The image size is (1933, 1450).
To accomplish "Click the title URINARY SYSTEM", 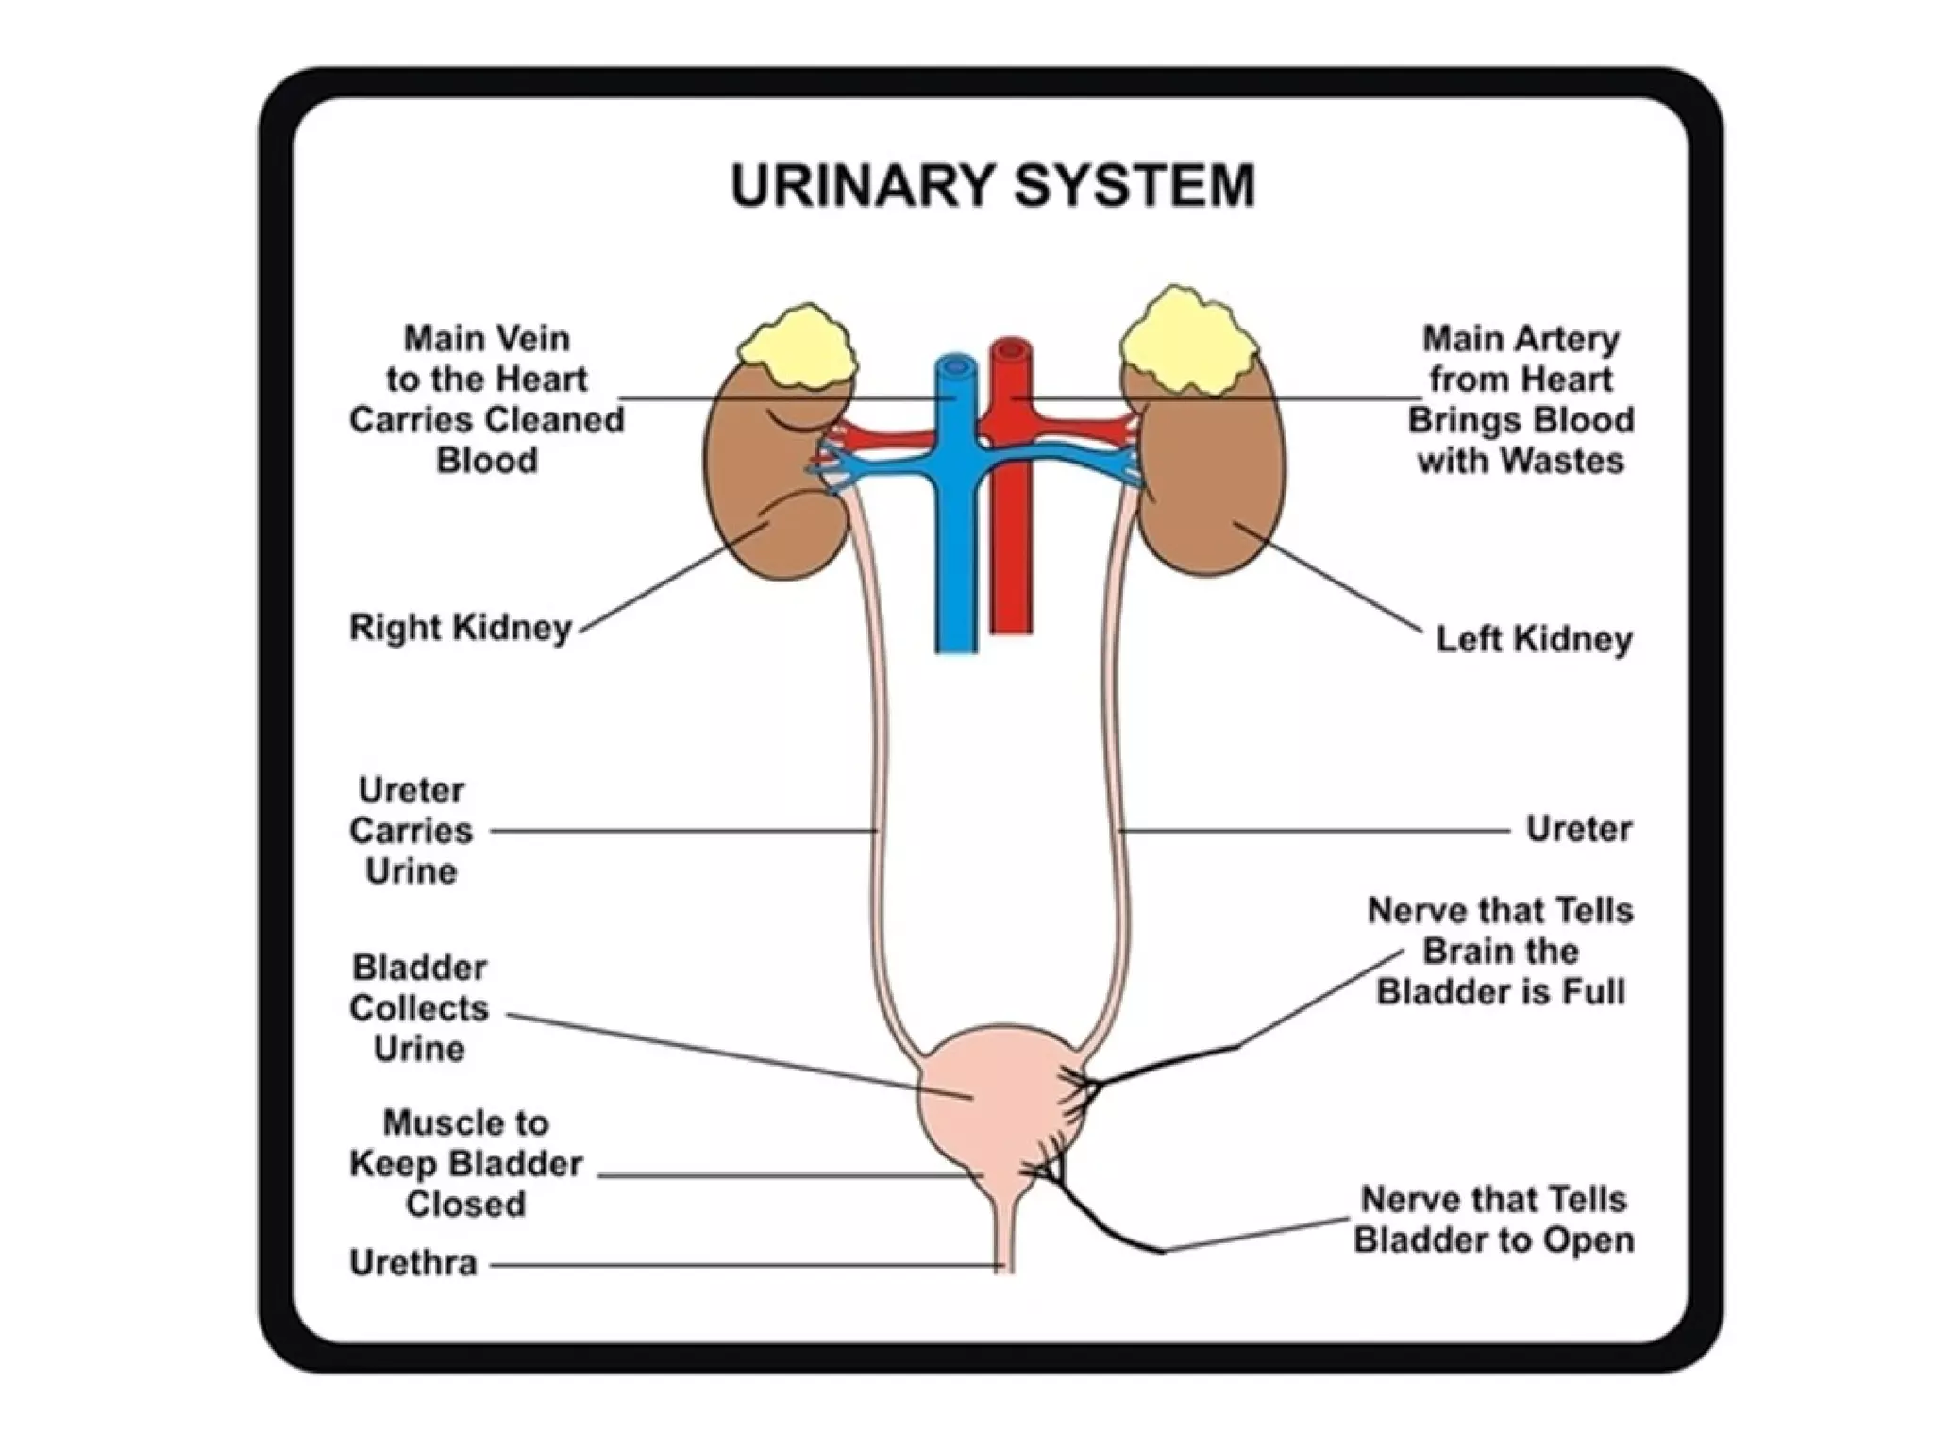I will coord(992,186).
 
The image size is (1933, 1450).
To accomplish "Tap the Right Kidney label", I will coord(461,628).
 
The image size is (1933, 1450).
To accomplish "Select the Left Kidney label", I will coord(1534,640).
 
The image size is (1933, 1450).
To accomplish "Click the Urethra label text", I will coord(412,1263).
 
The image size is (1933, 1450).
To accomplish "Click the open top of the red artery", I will coord(1011,352).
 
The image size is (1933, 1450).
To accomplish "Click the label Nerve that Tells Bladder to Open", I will coord(1494,1220).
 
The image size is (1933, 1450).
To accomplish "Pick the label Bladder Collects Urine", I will coord(419,1008).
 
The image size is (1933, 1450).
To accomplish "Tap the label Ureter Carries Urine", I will coord(411,831).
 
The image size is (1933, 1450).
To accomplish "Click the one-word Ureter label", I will coord(1578,830).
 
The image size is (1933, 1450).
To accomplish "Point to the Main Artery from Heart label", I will coord(1520,399).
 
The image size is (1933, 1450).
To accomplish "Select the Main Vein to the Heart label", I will coord(486,399).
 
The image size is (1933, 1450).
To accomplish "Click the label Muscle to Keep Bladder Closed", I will coord(466,1164).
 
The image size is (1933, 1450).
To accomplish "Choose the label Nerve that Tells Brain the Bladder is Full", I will coord(1500,952).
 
